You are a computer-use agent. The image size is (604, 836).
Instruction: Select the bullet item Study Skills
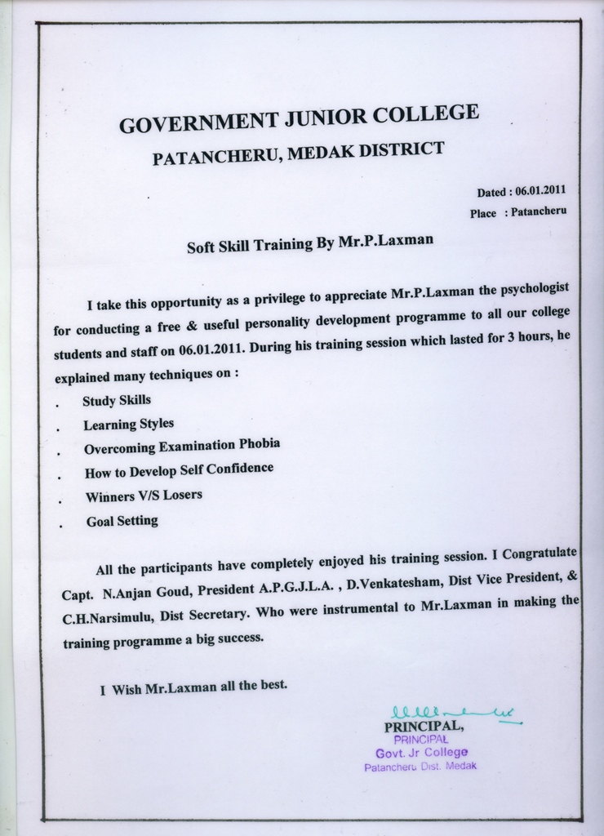pos(116,401)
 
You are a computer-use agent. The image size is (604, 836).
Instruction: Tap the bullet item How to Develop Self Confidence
pos(179,470)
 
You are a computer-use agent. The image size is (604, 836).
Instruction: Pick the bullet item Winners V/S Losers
pos(144,496)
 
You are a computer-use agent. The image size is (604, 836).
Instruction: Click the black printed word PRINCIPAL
pos(424,726)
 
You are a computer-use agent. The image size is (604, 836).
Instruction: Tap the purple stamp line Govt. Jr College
pos(421,752)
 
